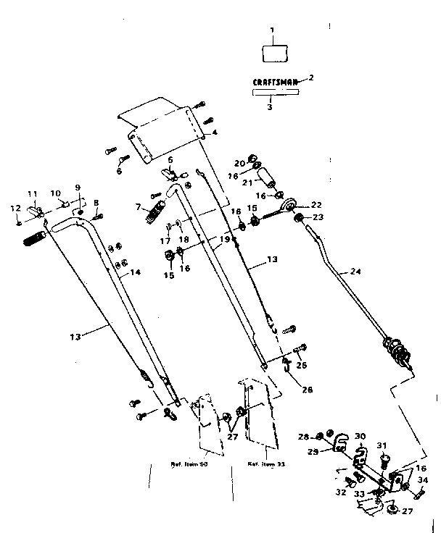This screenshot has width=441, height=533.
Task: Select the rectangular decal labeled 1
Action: click(x=273, y=54)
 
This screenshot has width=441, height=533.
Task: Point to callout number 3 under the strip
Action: click(x=269, y=106)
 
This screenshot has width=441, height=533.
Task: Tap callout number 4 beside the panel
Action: click(x=215, y=133)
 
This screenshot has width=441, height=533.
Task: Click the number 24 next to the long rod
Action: click(x=355, y=272)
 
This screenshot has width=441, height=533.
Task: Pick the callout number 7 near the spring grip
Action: click(x=138, y=208)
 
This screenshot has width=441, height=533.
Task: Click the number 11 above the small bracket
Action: click(x=32, y=194)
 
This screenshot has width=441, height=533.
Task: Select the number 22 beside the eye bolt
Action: click(x=316, y=204)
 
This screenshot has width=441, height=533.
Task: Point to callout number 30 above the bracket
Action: click(x=360, y=437)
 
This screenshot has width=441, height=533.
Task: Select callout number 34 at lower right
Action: click(x=423, y=479)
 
